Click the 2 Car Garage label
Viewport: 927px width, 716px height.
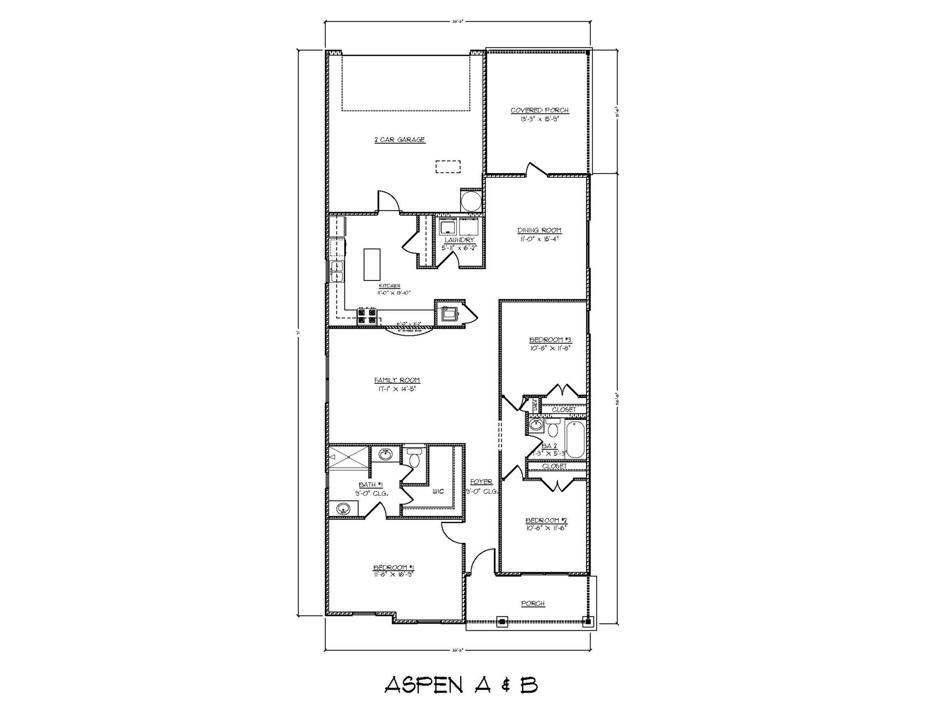tap(400, 140)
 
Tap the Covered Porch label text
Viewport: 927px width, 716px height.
tap(539, 110)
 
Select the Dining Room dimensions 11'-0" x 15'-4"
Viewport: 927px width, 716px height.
tap(539, 239)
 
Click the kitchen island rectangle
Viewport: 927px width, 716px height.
tap(372, 264)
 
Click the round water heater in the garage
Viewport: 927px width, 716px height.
tap(471, 201)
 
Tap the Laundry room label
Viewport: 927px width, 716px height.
tap(459, 240)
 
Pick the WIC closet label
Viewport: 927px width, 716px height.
tap(438, 491)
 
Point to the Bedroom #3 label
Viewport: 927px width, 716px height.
tap(551, 340)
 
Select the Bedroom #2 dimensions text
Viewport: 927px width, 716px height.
tap(546, 528)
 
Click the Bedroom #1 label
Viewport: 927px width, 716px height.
tap(393, 567)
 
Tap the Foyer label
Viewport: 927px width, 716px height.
tap(481, 482)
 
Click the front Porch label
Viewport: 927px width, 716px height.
tap(533, 603)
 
